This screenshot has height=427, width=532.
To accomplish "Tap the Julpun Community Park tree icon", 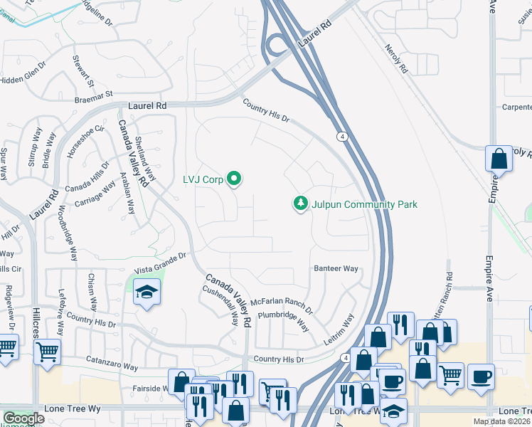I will pos(302,204).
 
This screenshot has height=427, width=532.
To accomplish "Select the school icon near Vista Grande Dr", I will pos(147,293).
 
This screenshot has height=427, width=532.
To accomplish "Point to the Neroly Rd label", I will pos(396,60).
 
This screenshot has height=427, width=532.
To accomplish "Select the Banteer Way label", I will pos(336,268).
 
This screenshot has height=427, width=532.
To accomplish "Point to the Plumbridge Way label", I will pos(282,321).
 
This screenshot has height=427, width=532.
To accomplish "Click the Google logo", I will pos(23,418).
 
